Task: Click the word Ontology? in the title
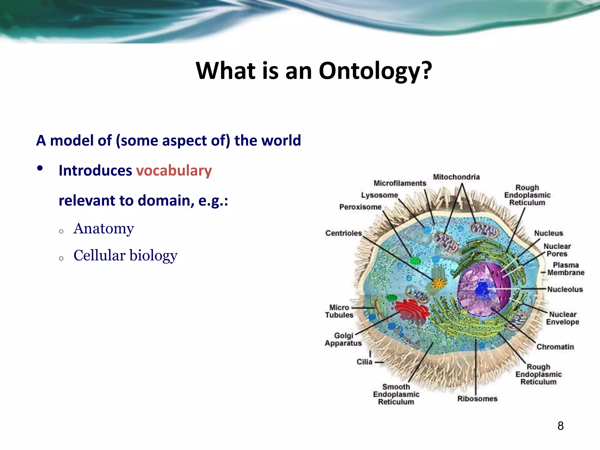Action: [375, 71]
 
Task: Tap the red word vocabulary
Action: [174, 171]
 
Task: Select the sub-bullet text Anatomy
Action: [104, 229]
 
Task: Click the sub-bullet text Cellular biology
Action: [125, 255]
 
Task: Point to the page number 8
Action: [560, 426]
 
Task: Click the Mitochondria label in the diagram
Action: [456, 177]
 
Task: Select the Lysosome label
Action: [379, 195]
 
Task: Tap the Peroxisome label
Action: [360, 207]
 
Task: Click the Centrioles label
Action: [344, 233]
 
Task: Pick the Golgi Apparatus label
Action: [343, 339]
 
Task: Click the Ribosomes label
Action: [477, 399]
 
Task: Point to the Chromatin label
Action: [555, 347]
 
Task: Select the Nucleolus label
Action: [565, 289]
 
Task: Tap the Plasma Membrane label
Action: [565, 269]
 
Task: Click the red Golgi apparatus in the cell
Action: [412, 311]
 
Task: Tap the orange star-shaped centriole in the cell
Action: [439, 283]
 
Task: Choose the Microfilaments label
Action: [400, 183]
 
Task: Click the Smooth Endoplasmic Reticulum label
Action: [396, 394]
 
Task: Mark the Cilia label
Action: [364, 362]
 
